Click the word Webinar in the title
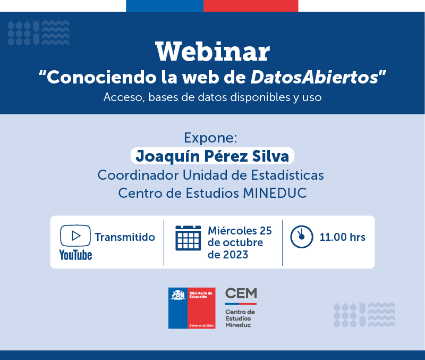(212, 52)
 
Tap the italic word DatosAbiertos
(314, 77)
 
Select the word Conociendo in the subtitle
(101, 77)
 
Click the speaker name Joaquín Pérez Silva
(212, 156)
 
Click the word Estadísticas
(287, 175)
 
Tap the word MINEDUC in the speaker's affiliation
(275, 193)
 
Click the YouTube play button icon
(75, 236)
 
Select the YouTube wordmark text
(75, 255)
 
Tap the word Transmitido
(125, 237)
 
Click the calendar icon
(188, 238)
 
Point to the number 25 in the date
(266, 231)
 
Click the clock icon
(302, 237)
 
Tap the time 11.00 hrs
(342, 237)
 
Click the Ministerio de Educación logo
(192, 308)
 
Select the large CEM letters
(241, 293)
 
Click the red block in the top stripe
(251, 6)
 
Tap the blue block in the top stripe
(165, 6)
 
